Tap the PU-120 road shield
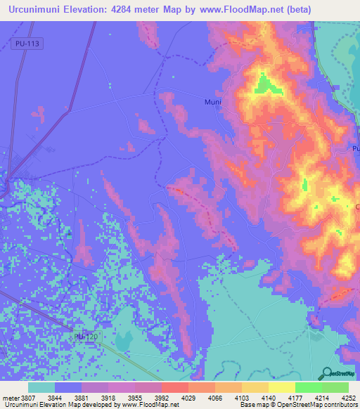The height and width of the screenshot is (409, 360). tap(86, 337)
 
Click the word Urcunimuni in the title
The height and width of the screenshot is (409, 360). tap(35, 10)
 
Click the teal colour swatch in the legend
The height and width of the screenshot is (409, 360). tap(41, 387)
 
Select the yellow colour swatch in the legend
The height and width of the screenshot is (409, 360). tap(281, 387)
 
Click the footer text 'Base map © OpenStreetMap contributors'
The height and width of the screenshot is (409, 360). tap(298, 405)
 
